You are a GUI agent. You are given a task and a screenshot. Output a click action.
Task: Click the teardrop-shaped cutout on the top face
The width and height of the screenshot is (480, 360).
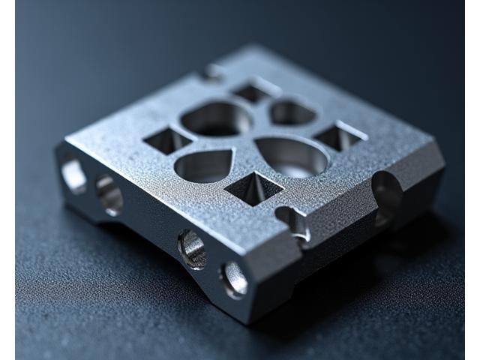pyautogui.click(x=202, y=165)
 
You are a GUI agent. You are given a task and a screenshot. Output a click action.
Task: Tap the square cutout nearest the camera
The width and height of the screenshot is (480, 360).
pyautogui.click(x=254, y=187)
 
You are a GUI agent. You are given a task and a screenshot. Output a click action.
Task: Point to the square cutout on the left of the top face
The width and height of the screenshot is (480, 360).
pyautogui.click(x=167, y=139)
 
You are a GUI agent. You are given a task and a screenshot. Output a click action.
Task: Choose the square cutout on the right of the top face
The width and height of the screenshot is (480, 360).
pyautogui.click(x=338, y=137)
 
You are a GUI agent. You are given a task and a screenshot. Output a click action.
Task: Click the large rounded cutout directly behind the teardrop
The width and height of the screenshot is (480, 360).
pyautogui.click(x=216, y=118)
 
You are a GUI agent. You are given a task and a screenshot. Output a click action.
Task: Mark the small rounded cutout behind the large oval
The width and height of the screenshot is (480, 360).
pyautogui.click(x=293, y=112)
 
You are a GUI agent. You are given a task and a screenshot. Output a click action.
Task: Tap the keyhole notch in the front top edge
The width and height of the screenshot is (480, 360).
pyautogui.click(x=292, y=220)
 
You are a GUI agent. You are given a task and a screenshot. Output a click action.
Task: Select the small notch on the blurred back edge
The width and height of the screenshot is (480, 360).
pyautogui.click(x=212, y=72)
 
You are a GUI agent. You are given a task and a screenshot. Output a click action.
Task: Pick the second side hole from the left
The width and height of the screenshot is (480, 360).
pyautogui.click(x=109, y=195)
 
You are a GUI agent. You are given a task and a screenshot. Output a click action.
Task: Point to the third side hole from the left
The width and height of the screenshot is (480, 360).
pyautogui.click(x=192, y=249)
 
